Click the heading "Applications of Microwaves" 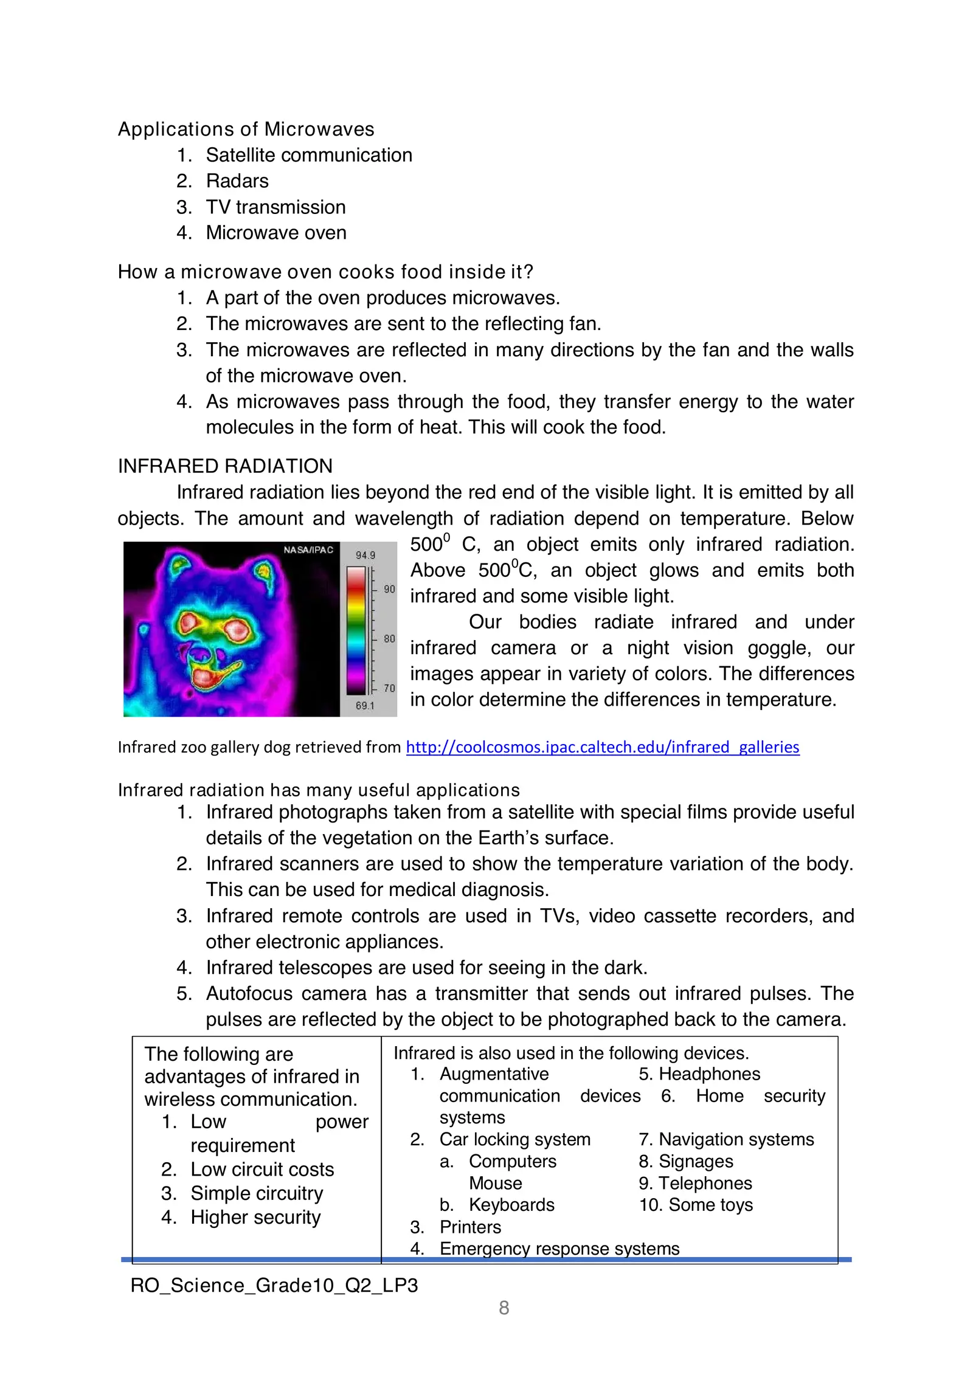click(x=246, y=129)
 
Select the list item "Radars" click(x=237, y=181)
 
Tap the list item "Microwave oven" click(x=276, y=233)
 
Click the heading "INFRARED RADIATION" click(x=225, y=466)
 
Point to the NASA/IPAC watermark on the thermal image click(x=308, y=550)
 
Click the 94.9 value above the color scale click(x=365, y=555)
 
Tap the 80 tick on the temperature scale click(x=389, y=638)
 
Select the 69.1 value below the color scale click(x=365, y=705)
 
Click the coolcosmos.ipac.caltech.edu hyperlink click(x=602, y=747)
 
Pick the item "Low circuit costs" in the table click(x=262, y=1169)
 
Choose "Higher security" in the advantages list click(x=255, y=1217)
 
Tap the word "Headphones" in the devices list click(x=709, y=1074)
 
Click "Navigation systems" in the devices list click(x=736, y=1139)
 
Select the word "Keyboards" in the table click(x=511, y=1205)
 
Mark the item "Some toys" click(x=710, y=1205)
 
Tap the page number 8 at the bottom click(x=504, y=1308)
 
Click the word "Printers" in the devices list click(x=470, y=1227)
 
